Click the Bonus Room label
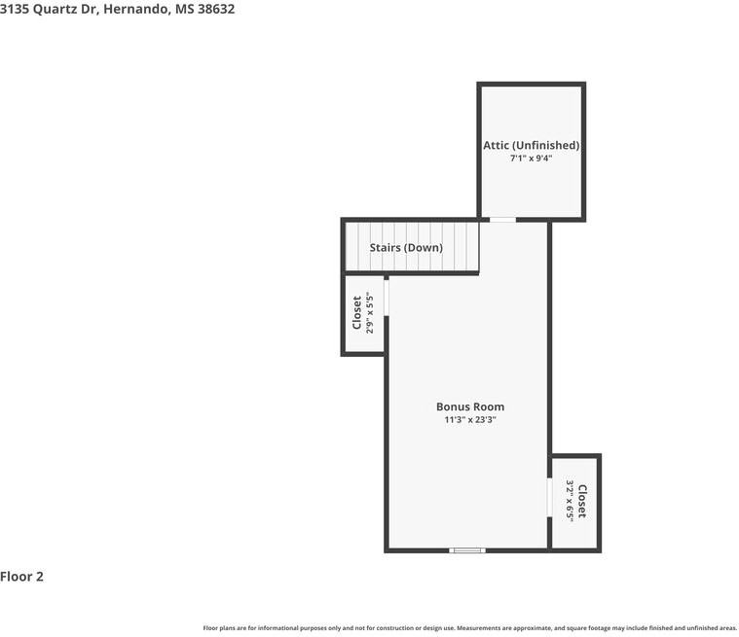tap(469, 407)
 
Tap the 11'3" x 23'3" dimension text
tap(469, 420)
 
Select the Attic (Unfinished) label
tap(531, 145)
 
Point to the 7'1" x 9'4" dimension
tap(531, 159)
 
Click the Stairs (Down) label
tap(406, 248)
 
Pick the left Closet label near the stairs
tap(357, 312)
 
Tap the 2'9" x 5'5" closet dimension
tap(370, 312)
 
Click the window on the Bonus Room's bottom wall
tap(467, 550)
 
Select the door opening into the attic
tap(502, 220)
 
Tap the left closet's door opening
tap(386, 298)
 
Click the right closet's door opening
tap(550, 499)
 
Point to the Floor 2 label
tap(22, 577)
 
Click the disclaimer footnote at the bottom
tap(470, 628)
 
